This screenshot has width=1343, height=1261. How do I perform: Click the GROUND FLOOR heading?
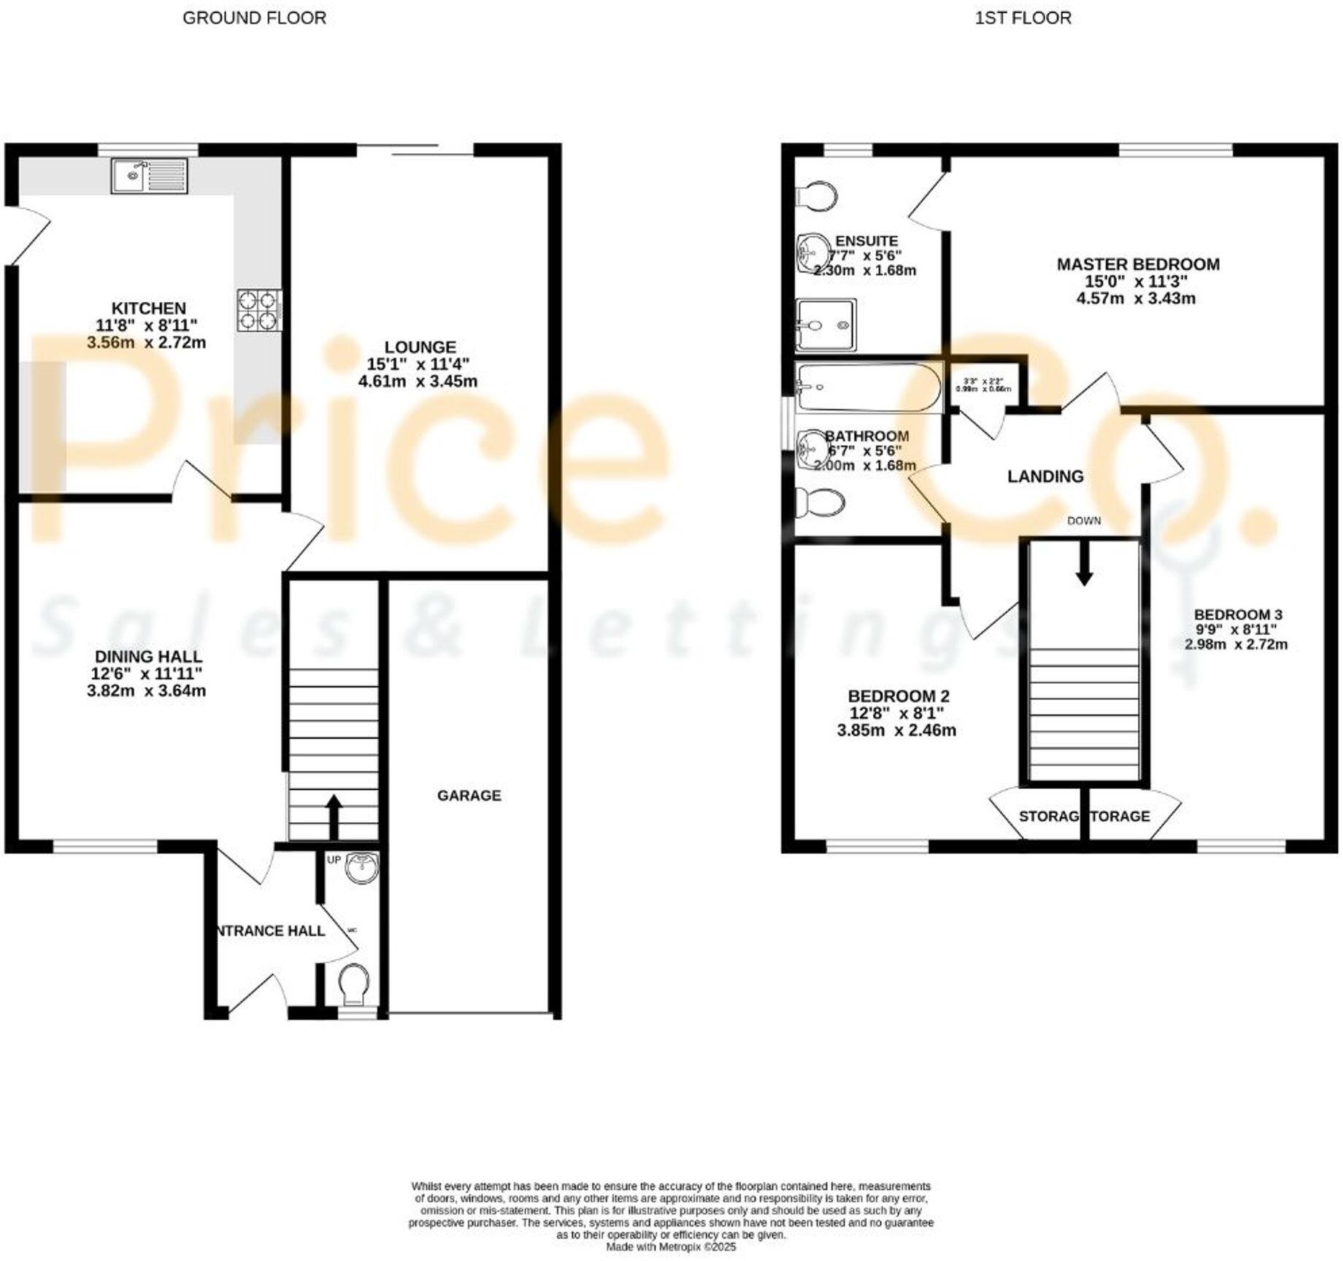[x=254, y=18]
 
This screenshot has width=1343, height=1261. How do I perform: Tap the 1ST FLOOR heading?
[x=1023, y=18]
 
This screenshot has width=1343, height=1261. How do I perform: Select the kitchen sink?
[x=149, y=176]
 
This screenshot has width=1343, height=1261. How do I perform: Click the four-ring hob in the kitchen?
[x=259, y=311]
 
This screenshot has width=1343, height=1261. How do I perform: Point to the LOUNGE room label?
[x=420, y=347]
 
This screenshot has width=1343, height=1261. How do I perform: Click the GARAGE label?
[x=469, y=795]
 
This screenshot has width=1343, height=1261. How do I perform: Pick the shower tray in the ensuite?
[x=826, y=325]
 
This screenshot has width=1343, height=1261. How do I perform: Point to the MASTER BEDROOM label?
[x=1138, y=264]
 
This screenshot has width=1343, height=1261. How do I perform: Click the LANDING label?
[x=1045, y=477]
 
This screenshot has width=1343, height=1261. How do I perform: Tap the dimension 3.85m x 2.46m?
[x=896, y=730]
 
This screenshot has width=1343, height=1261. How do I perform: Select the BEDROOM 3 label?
[x=1238, y=614]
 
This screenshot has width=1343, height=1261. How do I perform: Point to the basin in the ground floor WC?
[x=362, y=868]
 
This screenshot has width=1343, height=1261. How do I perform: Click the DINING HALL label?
[x=148, y=657]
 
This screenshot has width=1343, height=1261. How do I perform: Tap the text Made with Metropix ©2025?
[x=671, y=1247]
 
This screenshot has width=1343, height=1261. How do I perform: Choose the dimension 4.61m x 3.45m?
[x=417, y=381]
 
